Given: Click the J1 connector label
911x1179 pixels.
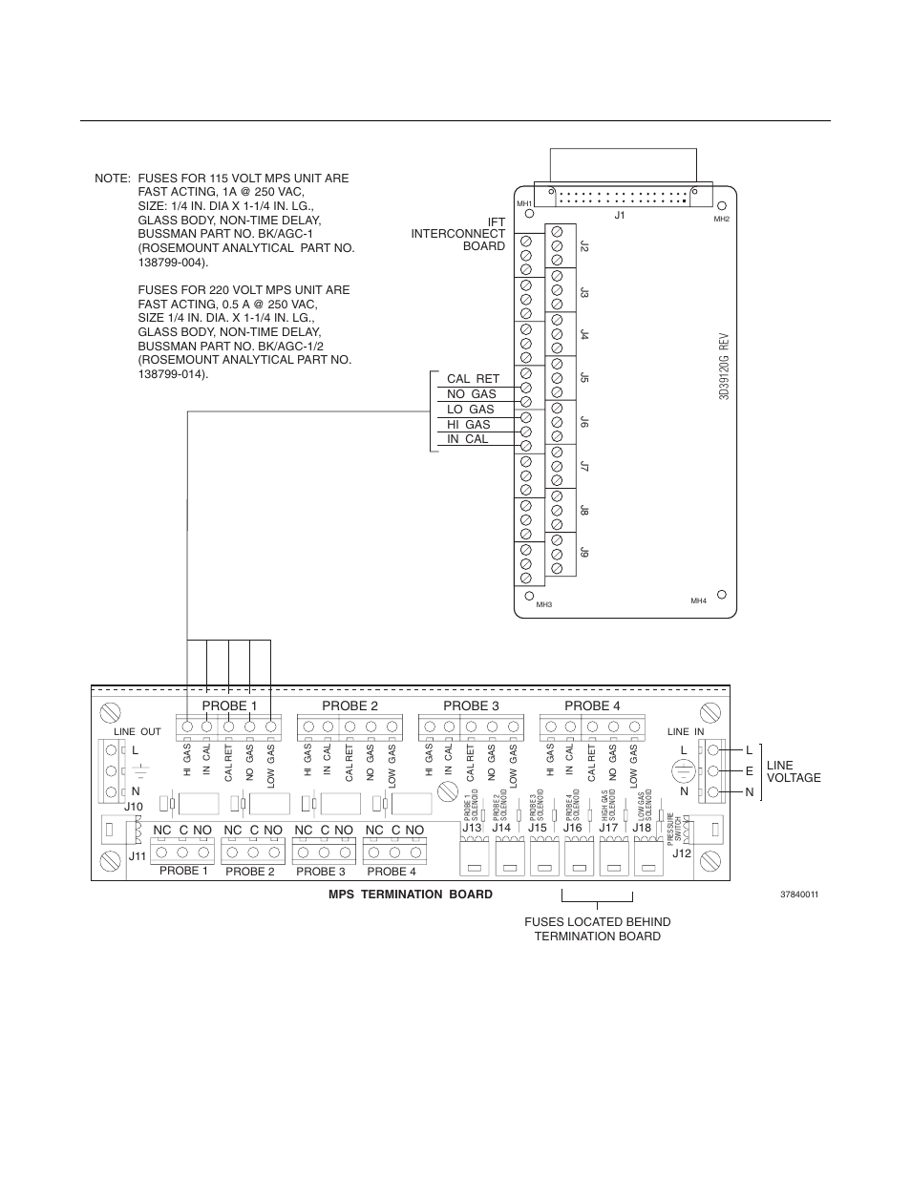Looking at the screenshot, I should pyautogui.click(x=619, y=216).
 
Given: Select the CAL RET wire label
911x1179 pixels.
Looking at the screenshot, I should pyautogui.click(x=473, y=379).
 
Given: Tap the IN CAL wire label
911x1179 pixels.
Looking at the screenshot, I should pyautogui.click(x=467, y=439).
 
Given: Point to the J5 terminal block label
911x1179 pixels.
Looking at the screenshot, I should pyautogui.click(x=584, y=378).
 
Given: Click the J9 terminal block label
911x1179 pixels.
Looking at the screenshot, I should pyautogui.click(x=584, y=553).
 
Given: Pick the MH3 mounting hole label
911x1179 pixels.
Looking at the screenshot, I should pyautogui.click(x=543, y=605).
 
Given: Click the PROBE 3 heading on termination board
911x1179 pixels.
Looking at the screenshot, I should pyautogui.click(x=471, y=705).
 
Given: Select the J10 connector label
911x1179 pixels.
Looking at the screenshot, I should pyautogui.click(x=133, y=808).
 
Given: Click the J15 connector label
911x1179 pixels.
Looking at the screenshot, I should pyautogui.click(x=538, y=828).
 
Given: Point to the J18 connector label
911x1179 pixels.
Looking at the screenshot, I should pyautogui.click(x=642, y=828).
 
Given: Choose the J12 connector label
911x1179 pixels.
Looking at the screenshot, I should pyautogui.click(x=681, y=853).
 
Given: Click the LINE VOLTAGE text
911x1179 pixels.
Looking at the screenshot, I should pyautogui.click(x=793, y=771).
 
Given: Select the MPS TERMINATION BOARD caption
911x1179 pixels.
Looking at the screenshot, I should pyautogui.click(x=411, y=895).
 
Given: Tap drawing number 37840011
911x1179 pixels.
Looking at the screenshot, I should pyautogui.click(x=799, y=895).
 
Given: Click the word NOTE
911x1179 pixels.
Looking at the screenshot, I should pyautogui.click(x=112, y=179).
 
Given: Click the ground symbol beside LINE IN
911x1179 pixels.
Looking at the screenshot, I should pyautogui.click(x=682, y=770).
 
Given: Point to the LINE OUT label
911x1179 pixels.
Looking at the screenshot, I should pyautogui.click(x=138, y=731).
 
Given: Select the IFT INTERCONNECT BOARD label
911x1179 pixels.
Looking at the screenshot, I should pyautogui.click(x=458, y=234).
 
